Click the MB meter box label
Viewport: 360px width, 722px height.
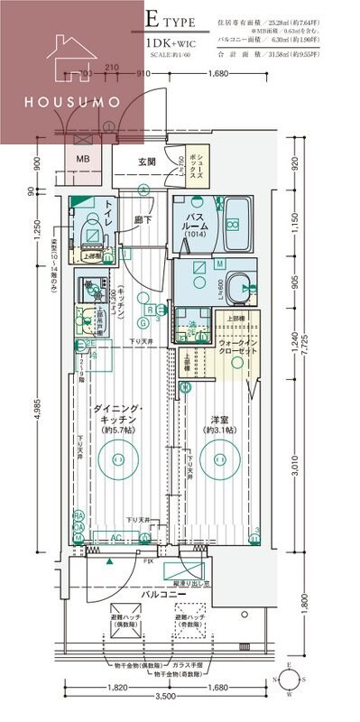coord(82,160)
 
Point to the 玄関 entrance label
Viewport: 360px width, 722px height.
coord(148,162)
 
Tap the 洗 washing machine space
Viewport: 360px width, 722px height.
coord(191,329)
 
